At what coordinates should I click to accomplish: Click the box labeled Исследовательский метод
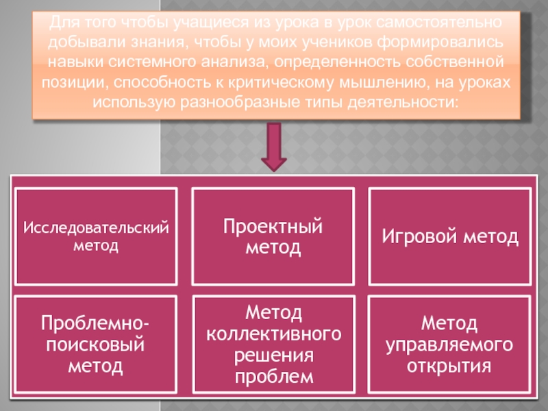[x=96, y=236]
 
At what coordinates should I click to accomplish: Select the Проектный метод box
[x=273, y=236]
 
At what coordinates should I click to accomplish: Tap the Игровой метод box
[x=450, y=236]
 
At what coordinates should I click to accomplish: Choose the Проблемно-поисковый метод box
[x=96, y=343]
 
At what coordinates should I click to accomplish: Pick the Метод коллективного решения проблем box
[x=273, y=343]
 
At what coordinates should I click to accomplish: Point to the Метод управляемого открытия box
[x=450, y=343]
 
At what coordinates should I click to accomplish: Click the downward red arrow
[x=273, y=148]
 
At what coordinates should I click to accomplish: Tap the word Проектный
[x=273, y=227]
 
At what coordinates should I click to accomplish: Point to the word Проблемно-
[x=97, y=322]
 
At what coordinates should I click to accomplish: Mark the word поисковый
[x=96, y=344]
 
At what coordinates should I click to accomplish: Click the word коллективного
[x=273, y=334]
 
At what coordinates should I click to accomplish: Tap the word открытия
[x=449, y=365]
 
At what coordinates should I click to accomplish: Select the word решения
[x=273, y=356]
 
